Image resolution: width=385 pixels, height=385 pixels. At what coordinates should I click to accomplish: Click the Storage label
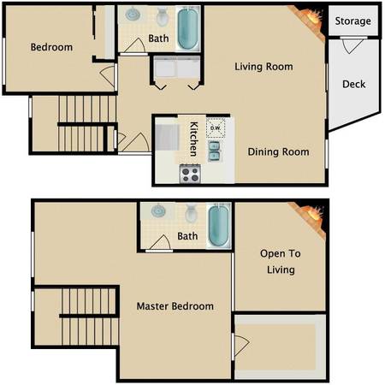coord(352,21)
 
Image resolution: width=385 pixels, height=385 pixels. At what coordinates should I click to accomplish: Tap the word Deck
coord(353,84)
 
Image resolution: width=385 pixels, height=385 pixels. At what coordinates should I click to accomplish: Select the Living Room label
coord(264,66)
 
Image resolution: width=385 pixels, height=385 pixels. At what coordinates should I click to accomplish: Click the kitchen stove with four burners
coord(190,174)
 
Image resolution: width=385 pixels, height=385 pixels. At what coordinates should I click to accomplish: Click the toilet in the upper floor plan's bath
coord(162,15)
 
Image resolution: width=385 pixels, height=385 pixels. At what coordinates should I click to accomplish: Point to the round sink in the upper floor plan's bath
coord(134,15)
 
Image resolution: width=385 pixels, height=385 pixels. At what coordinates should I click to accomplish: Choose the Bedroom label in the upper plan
coord(50,47)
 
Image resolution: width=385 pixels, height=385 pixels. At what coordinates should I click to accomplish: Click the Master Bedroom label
coord(175,305)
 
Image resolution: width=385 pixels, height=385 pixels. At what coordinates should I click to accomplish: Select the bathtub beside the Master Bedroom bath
coord(219,225)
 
